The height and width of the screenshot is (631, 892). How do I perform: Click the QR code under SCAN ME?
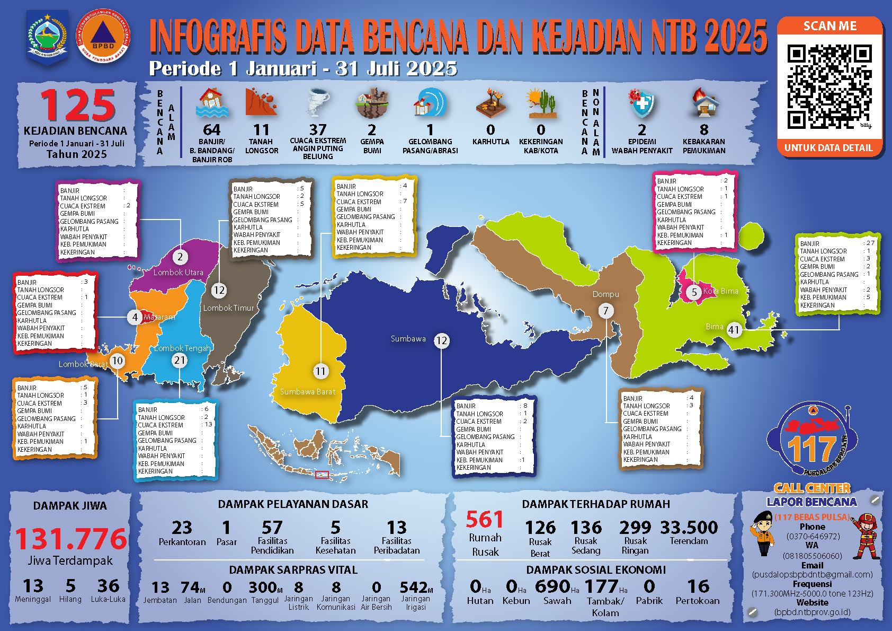point(829,86)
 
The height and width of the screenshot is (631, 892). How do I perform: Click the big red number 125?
point(78,106)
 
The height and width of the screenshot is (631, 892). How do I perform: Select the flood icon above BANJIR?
point(212,103)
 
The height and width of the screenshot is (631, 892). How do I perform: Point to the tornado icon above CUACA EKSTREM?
point(318,102)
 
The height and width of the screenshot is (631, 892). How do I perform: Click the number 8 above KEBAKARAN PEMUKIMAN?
point(704,130)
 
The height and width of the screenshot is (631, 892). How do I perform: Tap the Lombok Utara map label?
point(179,273)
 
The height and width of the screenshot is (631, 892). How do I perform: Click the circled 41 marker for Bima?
point(734,330)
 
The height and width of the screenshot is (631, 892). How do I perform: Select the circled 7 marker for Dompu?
point(606,311)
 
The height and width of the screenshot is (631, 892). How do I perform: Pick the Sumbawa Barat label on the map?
point(308,392)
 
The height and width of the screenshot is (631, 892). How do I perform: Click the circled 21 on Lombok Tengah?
point(180,361)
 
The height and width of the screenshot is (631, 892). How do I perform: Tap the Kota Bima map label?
point(720,291)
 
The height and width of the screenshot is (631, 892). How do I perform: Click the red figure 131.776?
point(71,539)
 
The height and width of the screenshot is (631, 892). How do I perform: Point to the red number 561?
point(484,520)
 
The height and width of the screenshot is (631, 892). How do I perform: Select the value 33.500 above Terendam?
point(689,528)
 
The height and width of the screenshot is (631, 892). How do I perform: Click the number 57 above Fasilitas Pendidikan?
point(272,528)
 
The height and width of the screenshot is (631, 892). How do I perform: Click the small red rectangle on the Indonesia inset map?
point(322,475)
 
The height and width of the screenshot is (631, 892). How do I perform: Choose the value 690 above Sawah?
point(552,586)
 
